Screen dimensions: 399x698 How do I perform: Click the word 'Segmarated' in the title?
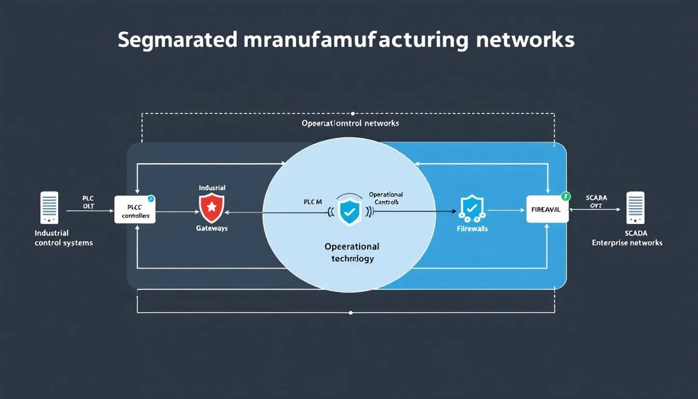pyautogui.click(x=178, y=41)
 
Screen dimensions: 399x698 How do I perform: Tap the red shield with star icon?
pyautogui.click(x=211, y=207)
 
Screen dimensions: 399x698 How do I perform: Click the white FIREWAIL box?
pyautogui.click(x=547, y=209)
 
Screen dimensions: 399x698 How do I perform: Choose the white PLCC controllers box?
pyautogui.click(x=135, y=209)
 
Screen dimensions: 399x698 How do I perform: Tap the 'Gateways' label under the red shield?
pyautogui.click(x=211, y=228)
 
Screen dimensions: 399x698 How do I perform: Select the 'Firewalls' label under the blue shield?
pyautogui.click(x=472, y=228)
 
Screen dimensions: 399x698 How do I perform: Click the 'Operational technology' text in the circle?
pyautogui.click(x=352, y=252)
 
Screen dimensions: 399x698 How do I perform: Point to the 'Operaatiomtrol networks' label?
pyautogui.click(x=350, y=123)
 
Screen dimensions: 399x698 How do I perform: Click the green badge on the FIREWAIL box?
pyautogui.click(x=566, y=196)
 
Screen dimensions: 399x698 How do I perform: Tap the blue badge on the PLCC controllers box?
pyautogui.click(x=151, y=198)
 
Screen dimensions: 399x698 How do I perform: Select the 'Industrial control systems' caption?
pyautogui.click(x=63, y=238)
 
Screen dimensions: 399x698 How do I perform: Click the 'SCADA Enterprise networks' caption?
pyautogui.click(x=627, y=238)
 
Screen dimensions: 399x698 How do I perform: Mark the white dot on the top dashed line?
pyautogui.click(x=353, y=113)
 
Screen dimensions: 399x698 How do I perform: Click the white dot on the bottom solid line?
pyautogui.click(x=351, y=313)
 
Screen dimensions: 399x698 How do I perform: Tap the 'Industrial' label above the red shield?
pyautogui.click(x=212, y=187)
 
